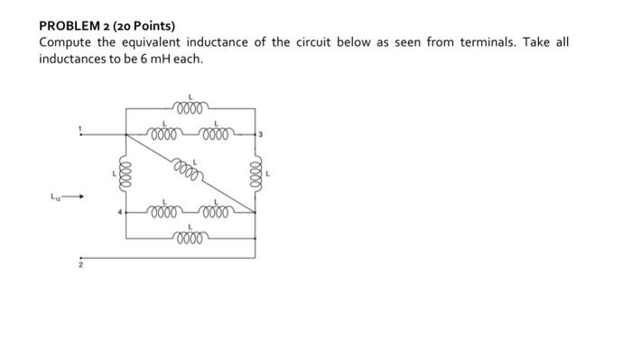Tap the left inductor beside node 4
[x=163, y=213]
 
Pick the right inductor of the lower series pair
[x=217, y=213]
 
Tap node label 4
[x=115, y=213]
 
